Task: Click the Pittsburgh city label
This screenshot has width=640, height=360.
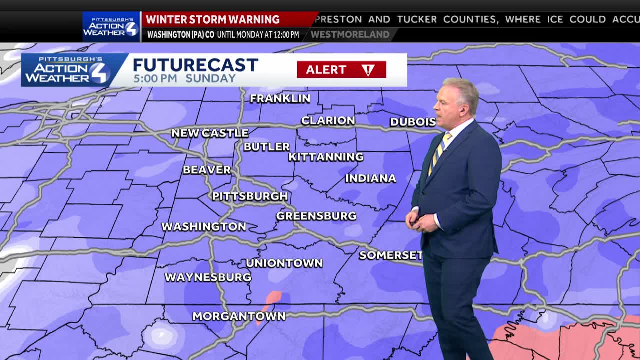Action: [x=250, y=196]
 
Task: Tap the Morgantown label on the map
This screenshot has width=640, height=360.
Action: [x=239, y=316]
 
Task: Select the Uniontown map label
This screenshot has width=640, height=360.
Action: [x=284, y=263]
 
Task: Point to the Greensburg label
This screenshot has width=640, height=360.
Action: [x=316, y=216]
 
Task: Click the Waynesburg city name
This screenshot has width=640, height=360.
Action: [x=208, y=277]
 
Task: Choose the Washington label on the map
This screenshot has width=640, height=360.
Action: [x=204, y=227]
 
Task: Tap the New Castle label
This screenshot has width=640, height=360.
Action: [x=210, y=133]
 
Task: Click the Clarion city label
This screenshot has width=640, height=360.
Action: [x=328, y=121]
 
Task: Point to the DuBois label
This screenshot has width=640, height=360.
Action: [x=413, y=122]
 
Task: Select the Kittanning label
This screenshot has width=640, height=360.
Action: [x=326, y=157]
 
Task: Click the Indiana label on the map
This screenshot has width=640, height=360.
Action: [x=370, y=178]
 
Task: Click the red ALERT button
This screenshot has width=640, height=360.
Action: [x=341, y=70]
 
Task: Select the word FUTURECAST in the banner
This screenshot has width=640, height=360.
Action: [x=195, y=65]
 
